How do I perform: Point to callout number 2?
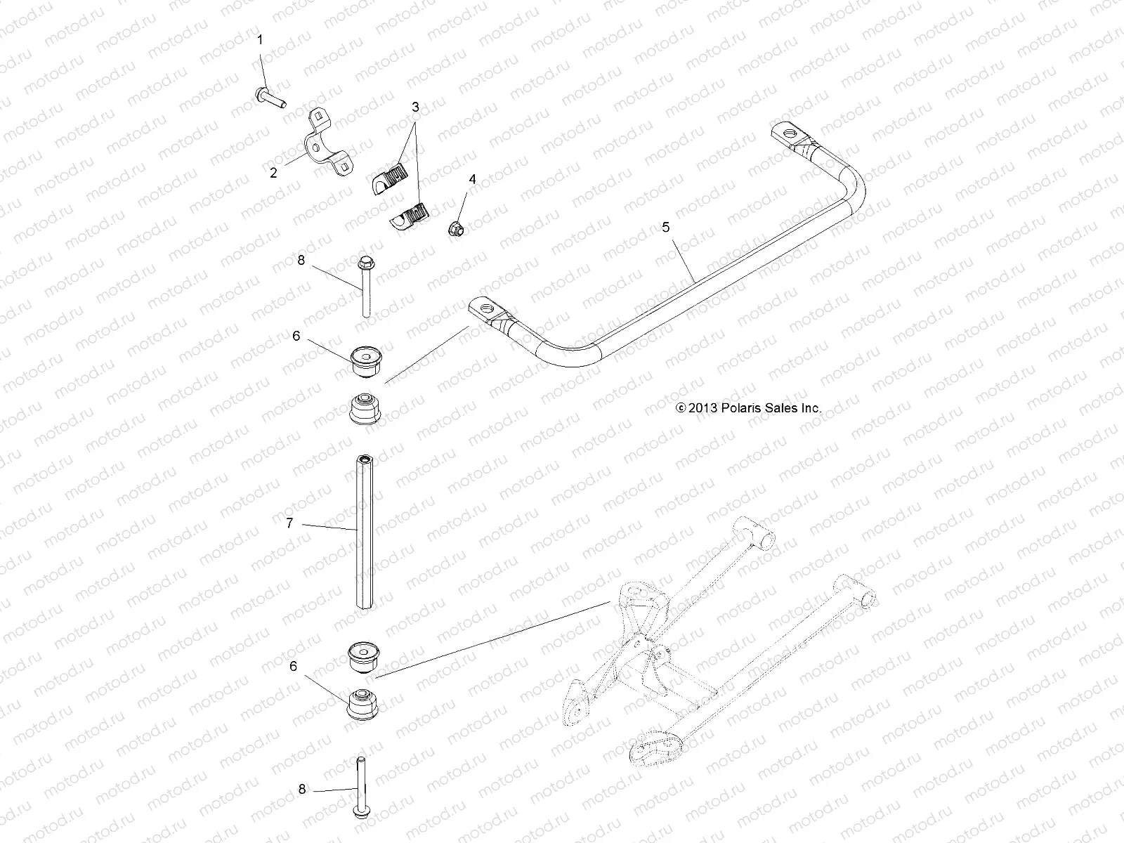[x=273, y=172]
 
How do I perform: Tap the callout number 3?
[x=415, y=107]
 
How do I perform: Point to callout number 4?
[x=472, y=179]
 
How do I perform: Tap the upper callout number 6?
[x=296, y=336]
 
